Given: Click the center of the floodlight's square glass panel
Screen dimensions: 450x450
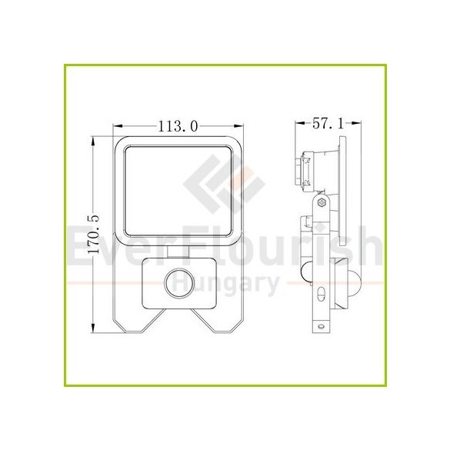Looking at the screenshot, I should [178, 188].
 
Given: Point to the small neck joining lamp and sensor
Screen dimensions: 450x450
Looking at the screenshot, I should [179, 250].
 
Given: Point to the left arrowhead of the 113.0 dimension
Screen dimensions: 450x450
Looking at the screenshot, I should [116, 125].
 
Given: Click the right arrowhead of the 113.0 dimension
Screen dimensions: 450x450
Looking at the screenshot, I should [242, 125].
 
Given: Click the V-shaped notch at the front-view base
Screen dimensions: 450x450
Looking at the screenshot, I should [179, 318].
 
